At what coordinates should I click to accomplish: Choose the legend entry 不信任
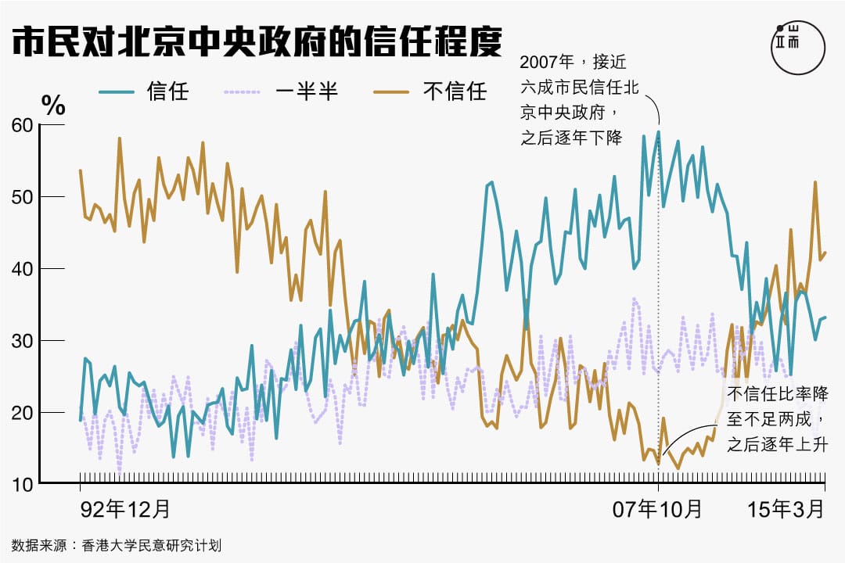point(455,91)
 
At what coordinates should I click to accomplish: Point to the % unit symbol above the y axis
point(53,106)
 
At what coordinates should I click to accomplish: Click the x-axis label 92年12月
point(125,509)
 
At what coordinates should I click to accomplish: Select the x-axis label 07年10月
point(658,509)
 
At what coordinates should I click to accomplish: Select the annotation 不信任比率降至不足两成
point(778,419)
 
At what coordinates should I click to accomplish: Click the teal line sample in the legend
point(118,91)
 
